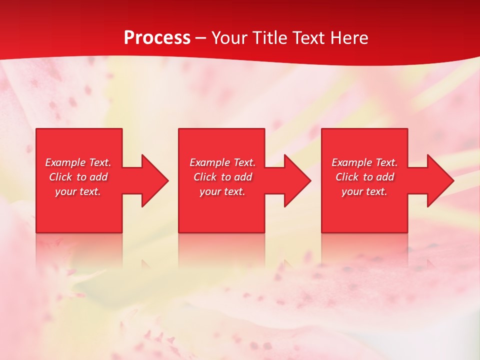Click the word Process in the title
[157, 38]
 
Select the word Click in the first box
[60, 177]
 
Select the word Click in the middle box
[204, 177]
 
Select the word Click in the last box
[346, 177]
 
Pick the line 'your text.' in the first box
[78, 191]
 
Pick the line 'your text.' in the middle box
[222, 191]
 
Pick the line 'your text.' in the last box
[364, 191]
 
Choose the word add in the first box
[99, 177]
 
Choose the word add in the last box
[385, 177]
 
